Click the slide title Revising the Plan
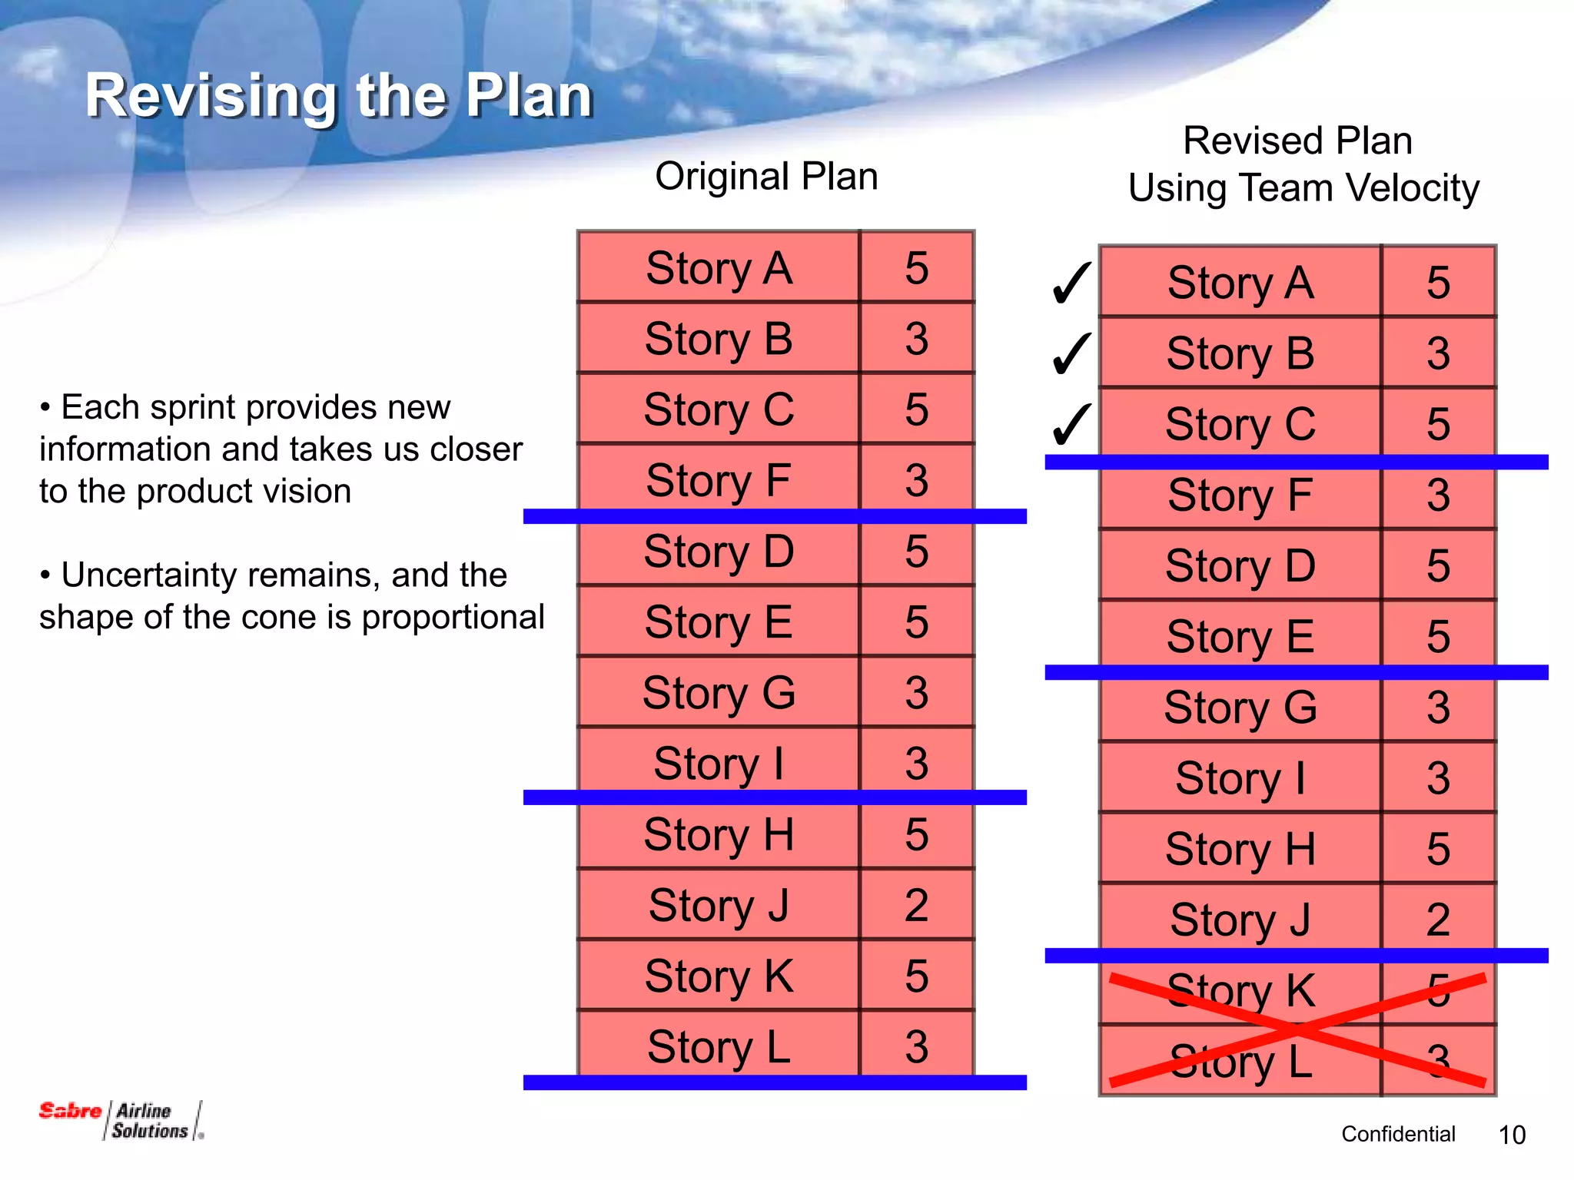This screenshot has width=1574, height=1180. click(x=338, y=95)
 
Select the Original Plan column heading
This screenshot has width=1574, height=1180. click(x=766, y=176)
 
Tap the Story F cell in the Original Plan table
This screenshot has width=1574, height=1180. click(x=718, y=480)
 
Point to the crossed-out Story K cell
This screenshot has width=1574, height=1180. click(x=1240, y=990)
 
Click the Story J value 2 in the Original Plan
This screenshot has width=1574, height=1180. click(x=916, y=905)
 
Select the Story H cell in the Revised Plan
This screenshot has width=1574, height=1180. click(x=1240, y=849)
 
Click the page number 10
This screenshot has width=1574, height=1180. click(x=1512, y=1135)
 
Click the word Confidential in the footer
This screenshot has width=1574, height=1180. click(x=1398, y=1134)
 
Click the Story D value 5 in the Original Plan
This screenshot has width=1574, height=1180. click(x=916, y=551)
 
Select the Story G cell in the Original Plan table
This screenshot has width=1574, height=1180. click(x=718, y=692)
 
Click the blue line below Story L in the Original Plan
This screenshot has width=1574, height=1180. click(x=775, y=1082)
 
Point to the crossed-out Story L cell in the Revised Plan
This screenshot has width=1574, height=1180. click(x=1240, y=1061)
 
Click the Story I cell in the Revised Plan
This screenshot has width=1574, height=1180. click(x=1240, y=777)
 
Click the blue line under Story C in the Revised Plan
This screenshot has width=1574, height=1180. click(x=1296, y=462)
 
